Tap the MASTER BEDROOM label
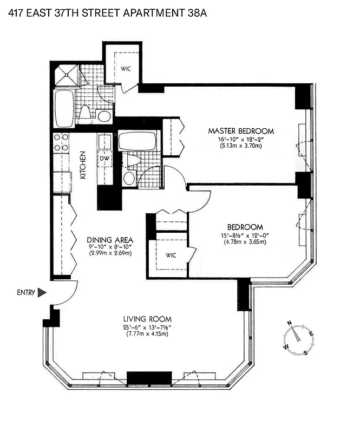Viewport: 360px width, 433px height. tap(241, 131)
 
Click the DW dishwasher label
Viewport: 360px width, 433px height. tap(104, 158)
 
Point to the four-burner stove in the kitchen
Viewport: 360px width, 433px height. tap(61, 142)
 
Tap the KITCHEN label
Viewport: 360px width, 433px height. tap(83, 166)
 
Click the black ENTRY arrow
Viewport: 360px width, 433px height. tap(42, 293)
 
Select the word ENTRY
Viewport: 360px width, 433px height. tap(25, 293)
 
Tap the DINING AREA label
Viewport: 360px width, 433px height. tap(110, 240)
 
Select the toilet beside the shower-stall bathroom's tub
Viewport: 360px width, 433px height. tap(85, 112)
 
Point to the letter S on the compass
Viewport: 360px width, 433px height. tap(306, 353)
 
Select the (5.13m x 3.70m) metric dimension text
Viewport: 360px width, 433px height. tap(241, 146)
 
